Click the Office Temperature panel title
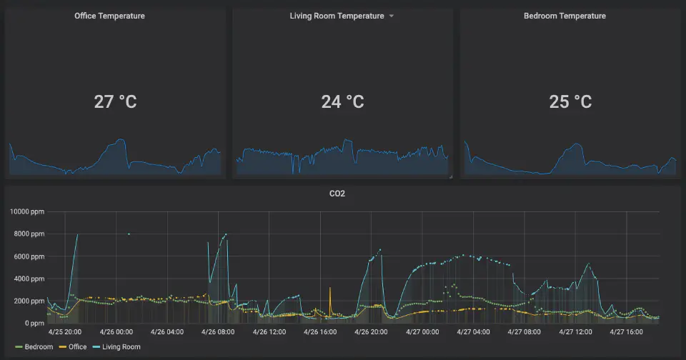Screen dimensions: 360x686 pyautogui.click(x=109, y=16)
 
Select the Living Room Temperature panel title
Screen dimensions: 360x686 pyautogui.click(x=337, y=16)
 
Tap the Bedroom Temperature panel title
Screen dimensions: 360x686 pyautogui.click(x=565, y=16)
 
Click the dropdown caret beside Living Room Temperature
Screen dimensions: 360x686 pyautogui.click(x=391, y=16)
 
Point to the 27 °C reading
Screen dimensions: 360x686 pyautogui.click(x=115, y=101)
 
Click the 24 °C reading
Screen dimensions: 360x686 pyautogui.click(x=342, y=101)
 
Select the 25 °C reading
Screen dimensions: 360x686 pyautogui.click(x=570, y=101)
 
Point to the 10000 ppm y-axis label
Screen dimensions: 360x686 pyautogui.click(x=26, y=211)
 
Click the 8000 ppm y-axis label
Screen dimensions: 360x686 pyautogui.click(x=29, y=234)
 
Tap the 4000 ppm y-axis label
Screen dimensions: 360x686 pyautogui.click(x=29, y=279)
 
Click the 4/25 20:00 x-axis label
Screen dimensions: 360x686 pyautogui.click(x=65, y=331)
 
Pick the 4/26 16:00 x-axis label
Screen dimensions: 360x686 pyautogui.click(x=319, y=331)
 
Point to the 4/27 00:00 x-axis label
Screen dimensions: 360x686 pyautogui.click(x=422, y=331)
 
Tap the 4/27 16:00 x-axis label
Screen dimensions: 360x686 pyautogui.click(x=626, y=331)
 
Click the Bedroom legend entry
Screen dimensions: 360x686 pyautogui.click(x=34, y=347)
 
